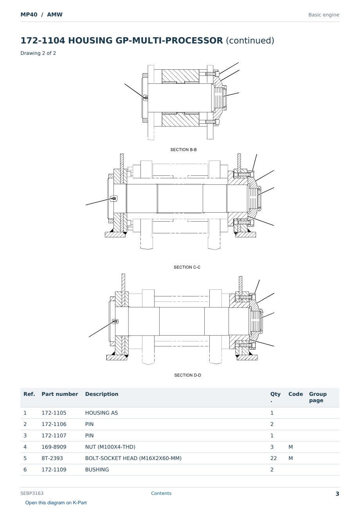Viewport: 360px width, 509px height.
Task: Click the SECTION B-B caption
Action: pyautogui.click(x=184, y=150)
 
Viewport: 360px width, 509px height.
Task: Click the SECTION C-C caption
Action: pyautogui.click(x=187, y=267)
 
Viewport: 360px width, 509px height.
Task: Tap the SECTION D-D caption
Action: pyautogui.click(x=187, y=375)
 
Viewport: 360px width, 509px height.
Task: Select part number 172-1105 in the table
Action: pyautogui.click(x=54, y=413)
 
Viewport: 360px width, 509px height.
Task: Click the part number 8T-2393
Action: pyautogui.click(x=52, y=458)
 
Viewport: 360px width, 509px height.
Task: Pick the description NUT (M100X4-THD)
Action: pyautogui.click(x=110, y=447)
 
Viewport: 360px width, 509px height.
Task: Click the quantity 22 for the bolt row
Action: pyautogui.click(x=274, y=458)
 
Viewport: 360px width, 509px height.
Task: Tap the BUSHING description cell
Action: pyautogui.click(x=97, y=469)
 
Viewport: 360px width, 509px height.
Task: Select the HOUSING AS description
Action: pyautogui.click(x=101, y=413)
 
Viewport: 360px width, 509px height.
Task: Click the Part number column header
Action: pyautogui.click(x=60, y=394)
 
